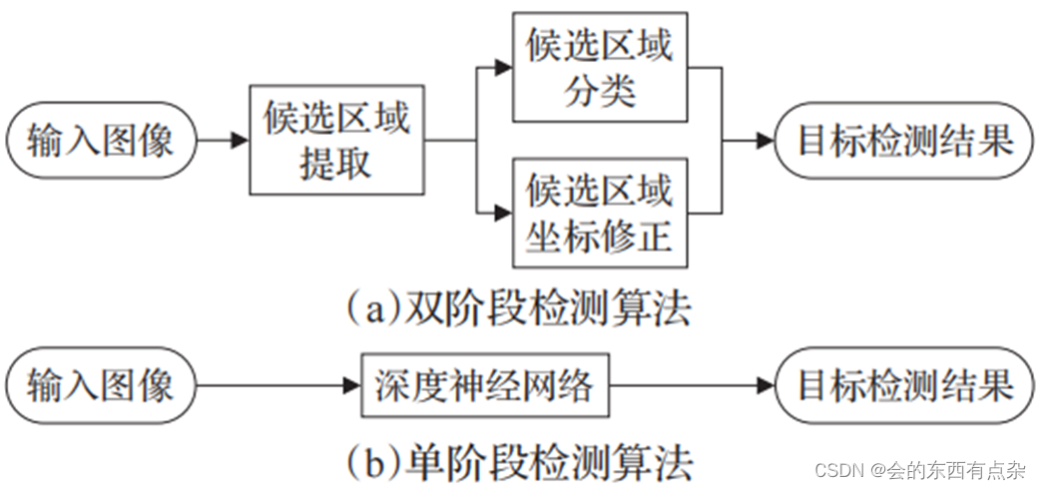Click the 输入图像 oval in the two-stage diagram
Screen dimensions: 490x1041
coord(100,140)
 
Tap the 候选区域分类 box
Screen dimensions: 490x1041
coord(600,68)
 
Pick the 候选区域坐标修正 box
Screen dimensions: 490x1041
coord(600,212)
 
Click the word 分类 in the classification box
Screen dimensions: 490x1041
coord(600,92)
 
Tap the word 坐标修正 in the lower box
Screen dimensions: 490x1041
coord(600,236)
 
